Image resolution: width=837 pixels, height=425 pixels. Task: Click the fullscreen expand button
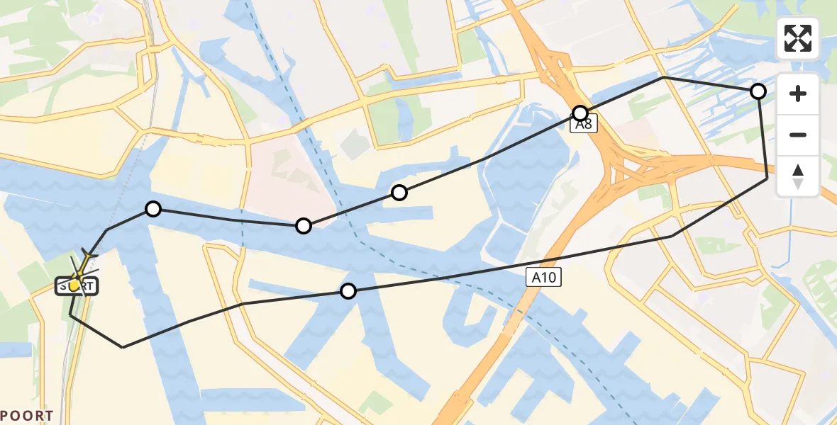(x=798, y=38)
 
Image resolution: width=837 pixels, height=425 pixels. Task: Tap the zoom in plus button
(x=798, y=93)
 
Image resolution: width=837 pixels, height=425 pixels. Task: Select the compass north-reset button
(x=798, y=176)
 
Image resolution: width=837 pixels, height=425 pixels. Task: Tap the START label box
(x=77, y=286)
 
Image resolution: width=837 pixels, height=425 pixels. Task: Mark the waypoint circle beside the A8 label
(x=581, y=113)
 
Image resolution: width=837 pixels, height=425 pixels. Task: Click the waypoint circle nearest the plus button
(x=758, y=91)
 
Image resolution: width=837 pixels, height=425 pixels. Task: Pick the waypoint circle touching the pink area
(x=304, y=226)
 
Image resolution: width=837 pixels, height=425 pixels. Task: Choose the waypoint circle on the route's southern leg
(x=348, y=291)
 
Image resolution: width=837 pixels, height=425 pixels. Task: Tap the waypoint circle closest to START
(x=153, y=208)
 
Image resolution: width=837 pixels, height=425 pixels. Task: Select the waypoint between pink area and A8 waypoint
(x=399, y=193)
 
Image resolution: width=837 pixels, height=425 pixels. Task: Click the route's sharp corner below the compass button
(x=767, y=179)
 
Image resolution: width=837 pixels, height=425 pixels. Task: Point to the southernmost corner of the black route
(x=123, y=347)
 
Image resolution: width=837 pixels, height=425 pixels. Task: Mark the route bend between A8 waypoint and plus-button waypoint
(x=663, y=77)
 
